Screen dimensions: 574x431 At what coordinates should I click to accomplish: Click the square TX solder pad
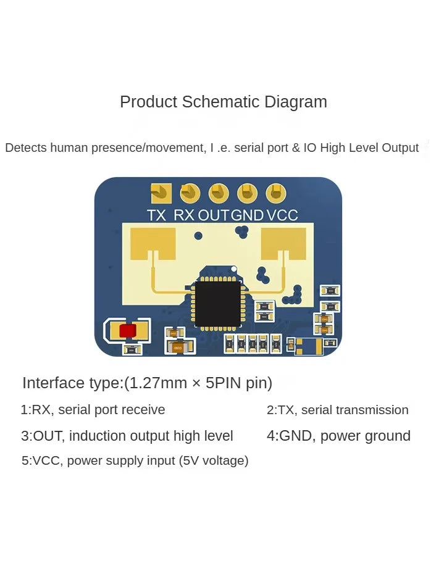(161, 193)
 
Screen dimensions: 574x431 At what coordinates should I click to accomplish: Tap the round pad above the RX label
(190, 193)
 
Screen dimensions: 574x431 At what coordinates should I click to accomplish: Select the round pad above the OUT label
(218, 193)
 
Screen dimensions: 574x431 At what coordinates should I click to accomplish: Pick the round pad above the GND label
(247, 193)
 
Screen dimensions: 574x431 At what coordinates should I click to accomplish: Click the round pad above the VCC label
(275, 193)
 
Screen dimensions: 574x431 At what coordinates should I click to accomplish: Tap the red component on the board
(127, 331)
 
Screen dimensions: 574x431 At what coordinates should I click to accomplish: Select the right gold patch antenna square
(283, 243)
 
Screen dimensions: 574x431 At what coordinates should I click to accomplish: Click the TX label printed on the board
(157, 215)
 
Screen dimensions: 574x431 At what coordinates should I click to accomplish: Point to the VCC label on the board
(282, 215)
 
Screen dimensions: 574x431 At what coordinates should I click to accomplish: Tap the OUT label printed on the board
(214, 215)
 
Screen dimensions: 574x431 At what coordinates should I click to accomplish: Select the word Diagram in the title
(295, 102)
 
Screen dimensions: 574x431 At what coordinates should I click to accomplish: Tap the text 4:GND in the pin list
(290, 436)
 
